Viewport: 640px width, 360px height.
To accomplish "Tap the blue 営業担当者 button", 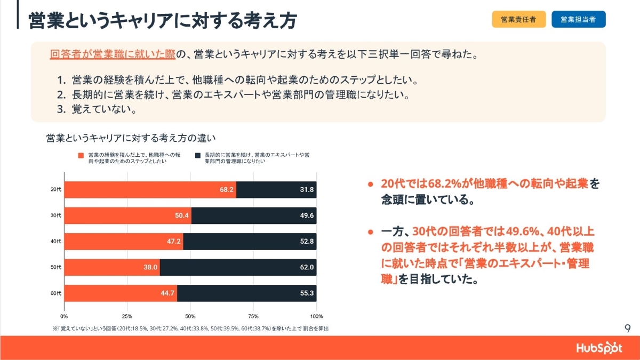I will tap(578, 20).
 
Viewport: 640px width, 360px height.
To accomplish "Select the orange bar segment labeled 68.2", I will tap(150, 190).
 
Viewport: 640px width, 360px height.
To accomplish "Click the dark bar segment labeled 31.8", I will tap(276, 190).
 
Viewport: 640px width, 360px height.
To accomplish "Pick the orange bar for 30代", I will tap(128, 215).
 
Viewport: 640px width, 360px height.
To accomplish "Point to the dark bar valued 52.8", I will tap(250, 241).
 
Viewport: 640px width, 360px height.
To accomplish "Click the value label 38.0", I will tap(150, 267).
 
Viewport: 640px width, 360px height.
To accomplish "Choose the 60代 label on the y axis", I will tap(56, 293).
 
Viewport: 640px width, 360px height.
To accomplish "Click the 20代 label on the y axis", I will tap(56, 190).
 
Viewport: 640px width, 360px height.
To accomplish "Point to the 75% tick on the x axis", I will tap(253, 316).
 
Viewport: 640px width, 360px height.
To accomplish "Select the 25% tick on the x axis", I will tap(127, 316).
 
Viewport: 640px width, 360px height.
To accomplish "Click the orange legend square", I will tap(81, 155).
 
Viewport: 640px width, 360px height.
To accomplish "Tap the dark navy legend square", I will tap(198, 155).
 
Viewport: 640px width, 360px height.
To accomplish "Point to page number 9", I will tap(627, 327).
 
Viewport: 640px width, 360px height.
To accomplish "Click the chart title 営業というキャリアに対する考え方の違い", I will tap(133, 138).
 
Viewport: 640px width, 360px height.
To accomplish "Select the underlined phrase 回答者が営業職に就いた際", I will tap(112, 54).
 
